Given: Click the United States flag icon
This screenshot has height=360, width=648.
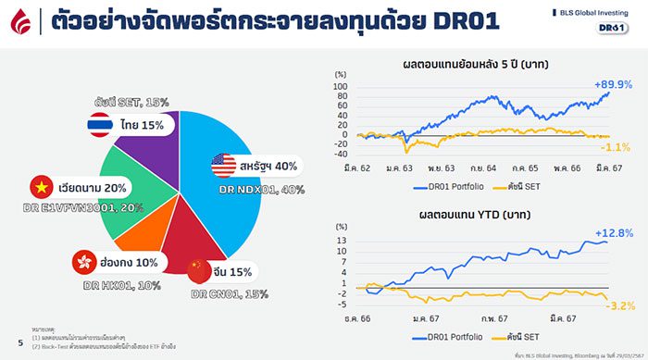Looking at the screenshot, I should click(224, 166).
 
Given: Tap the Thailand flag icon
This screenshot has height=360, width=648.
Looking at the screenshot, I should click(99, 124).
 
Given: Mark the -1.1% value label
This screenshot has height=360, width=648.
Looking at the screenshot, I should click(616, 148).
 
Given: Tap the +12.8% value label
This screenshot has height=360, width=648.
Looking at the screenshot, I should click(614, 231).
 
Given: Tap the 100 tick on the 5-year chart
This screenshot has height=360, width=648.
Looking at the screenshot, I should click(340, 87).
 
